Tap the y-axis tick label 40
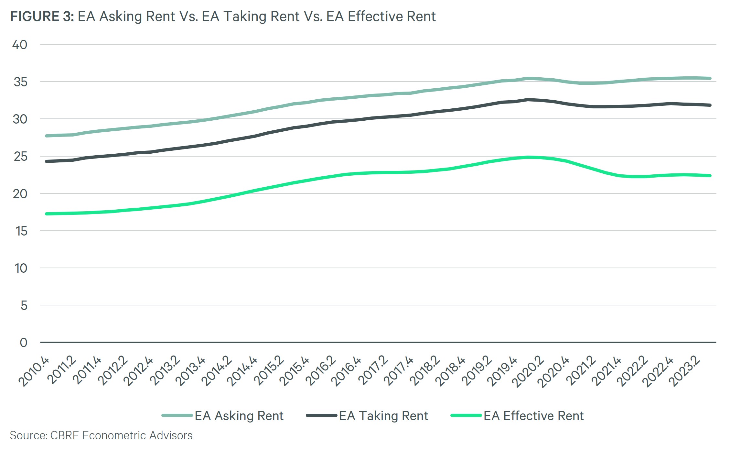(20, 45)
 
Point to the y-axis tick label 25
(20, 157)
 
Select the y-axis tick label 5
(24, 305)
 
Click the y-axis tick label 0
(24, 343)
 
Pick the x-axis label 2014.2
(217, 371)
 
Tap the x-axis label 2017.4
(399, 371)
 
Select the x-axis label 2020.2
(528, 371)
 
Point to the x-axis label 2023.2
(684, 371)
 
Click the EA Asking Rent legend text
(239, 416)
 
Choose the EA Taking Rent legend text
(383, 416)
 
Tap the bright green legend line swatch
(466, 415)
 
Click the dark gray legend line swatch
(321, 415)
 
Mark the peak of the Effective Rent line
(528, 157)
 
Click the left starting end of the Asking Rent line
(47, 136)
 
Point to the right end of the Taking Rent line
(710, 105)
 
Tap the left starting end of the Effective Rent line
(47, 214)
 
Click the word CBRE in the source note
(65, 435)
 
